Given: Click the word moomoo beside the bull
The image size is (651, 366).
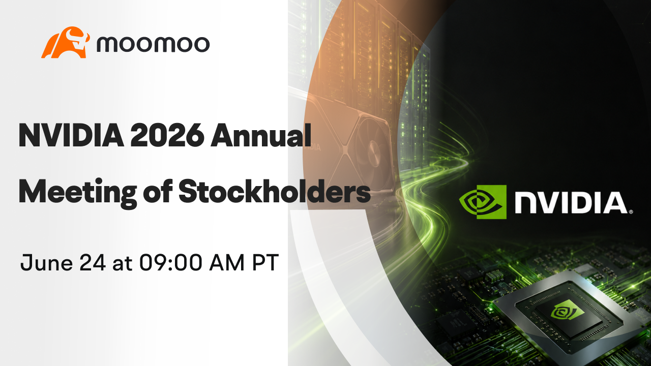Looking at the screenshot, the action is click(153, 44).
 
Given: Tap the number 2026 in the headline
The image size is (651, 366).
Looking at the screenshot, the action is click(167, 135).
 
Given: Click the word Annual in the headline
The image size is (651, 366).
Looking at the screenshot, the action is click(261, 135).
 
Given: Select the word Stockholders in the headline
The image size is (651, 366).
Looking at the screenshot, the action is click(275, 192).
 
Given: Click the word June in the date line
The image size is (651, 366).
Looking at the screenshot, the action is click(46, 263).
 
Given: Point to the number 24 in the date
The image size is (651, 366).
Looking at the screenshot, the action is click(93, 263).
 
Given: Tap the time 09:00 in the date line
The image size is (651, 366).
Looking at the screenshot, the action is click(170, 263).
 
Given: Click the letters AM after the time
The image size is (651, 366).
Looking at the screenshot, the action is click(227, 263).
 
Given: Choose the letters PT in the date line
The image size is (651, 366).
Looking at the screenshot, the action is click(265, 263).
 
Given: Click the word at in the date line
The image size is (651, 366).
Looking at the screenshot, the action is click(123, 264).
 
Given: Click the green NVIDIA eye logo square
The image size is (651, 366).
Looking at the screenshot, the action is click(483, 202).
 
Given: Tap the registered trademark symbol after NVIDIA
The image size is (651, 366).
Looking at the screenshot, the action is click(631, 212).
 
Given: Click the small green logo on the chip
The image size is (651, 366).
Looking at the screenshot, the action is click(563, 312).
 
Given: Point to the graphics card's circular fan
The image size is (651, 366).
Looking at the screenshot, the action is click(375, 151).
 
